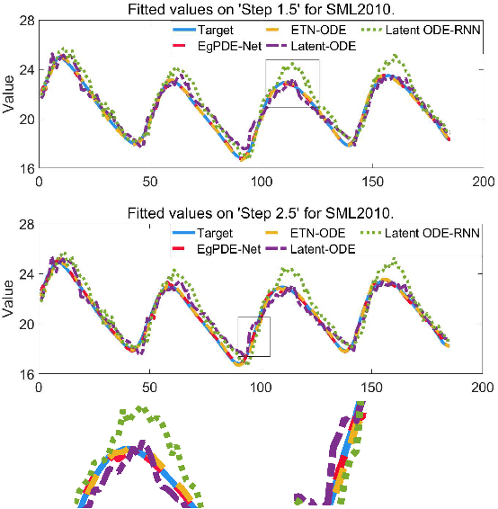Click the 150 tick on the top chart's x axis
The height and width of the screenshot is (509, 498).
tap(371, 181)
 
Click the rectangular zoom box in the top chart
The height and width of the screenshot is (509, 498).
tap(292, 84)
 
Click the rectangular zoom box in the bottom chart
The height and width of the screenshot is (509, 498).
tap(253, 336)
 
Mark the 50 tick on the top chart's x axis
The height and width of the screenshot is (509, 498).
tap(149, 181)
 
